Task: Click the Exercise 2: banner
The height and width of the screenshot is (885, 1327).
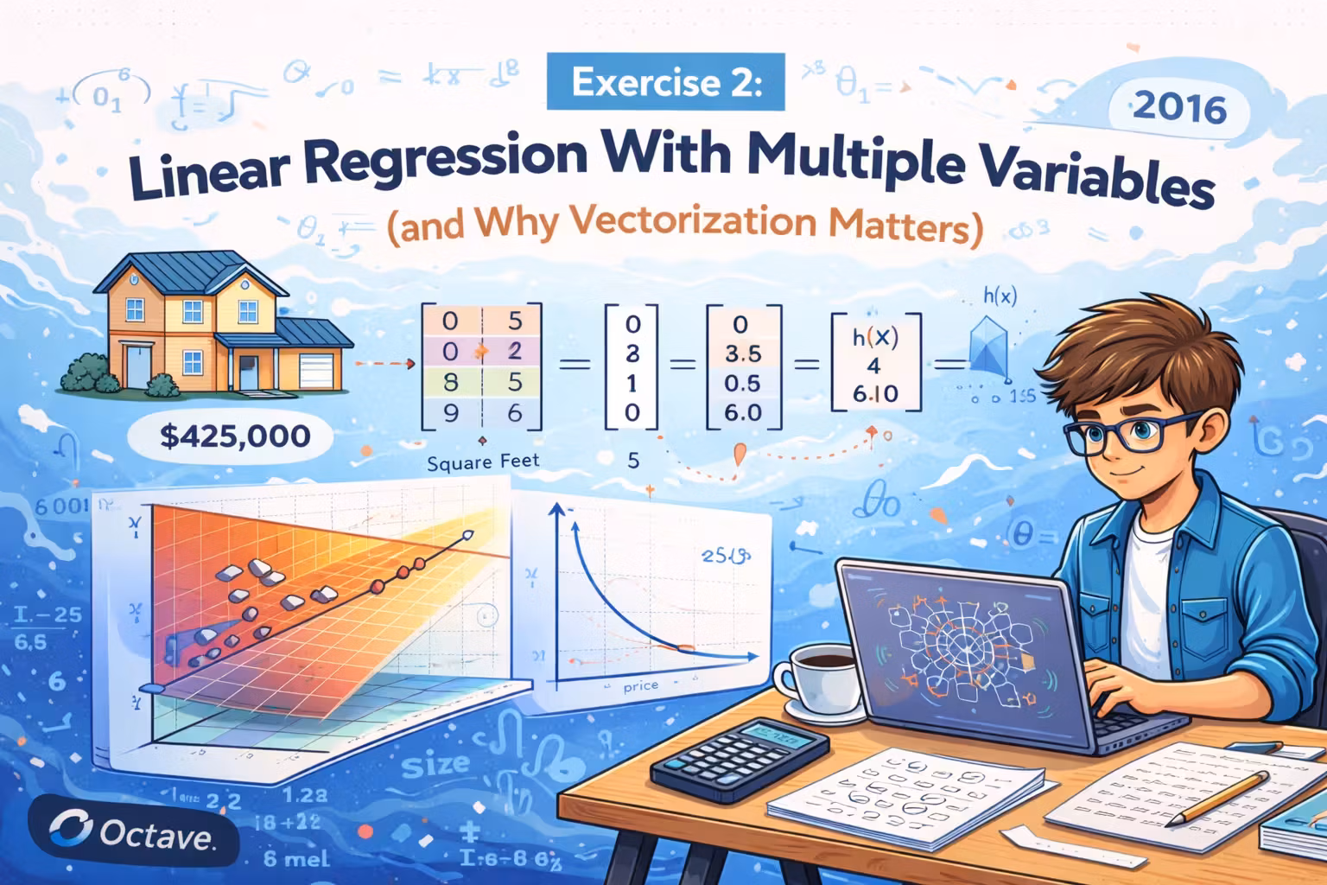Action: click(x=665, y=83)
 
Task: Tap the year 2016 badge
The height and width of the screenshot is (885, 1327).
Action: click(x=1178, y=108)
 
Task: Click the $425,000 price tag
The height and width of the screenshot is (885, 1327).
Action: click(x=235, y=436)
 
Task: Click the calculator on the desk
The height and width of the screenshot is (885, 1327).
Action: click(x=740, y=758)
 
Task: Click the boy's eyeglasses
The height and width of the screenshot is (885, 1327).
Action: click(x=1123, y=432)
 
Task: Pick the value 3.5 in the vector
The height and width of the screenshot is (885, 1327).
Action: click(x=743, y=353)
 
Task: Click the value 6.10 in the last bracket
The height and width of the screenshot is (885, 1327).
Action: click(x=874, y=394)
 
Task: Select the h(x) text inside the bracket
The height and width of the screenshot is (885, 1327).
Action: click(x=874, y=337)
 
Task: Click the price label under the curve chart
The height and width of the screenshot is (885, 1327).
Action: click(x=640, y=686)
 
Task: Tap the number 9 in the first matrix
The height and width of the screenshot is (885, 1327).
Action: click(x=450, y=413)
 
